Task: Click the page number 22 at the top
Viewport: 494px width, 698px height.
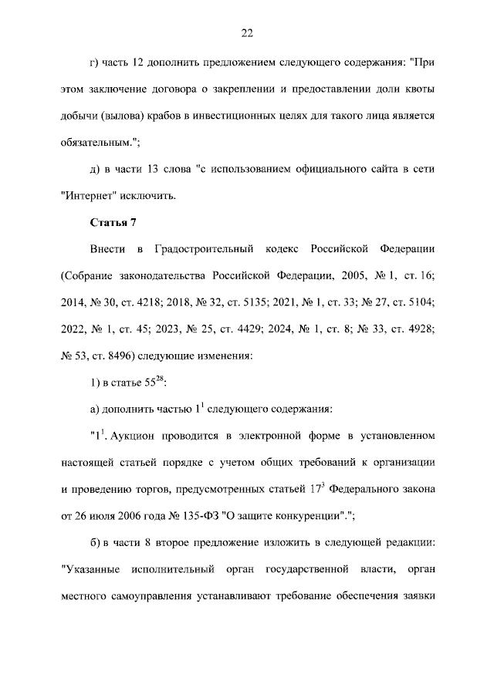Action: (x=247, y=32)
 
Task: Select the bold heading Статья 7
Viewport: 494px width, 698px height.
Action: (x=113, y=223)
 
